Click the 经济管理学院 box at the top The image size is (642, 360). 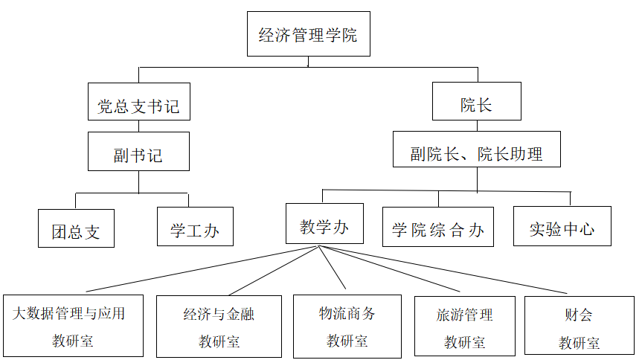coord(308,35)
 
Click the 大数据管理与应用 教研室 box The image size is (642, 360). coord(72,326)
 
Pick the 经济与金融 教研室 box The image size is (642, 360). coord(219,326)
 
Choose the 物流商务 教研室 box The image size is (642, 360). coord(347,326)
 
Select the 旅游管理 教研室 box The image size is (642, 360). coord(465,326)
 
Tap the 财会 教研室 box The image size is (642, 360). coord(579,326)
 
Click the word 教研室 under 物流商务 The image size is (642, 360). coord(347,341)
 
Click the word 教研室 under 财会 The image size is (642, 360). coord(579,343)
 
